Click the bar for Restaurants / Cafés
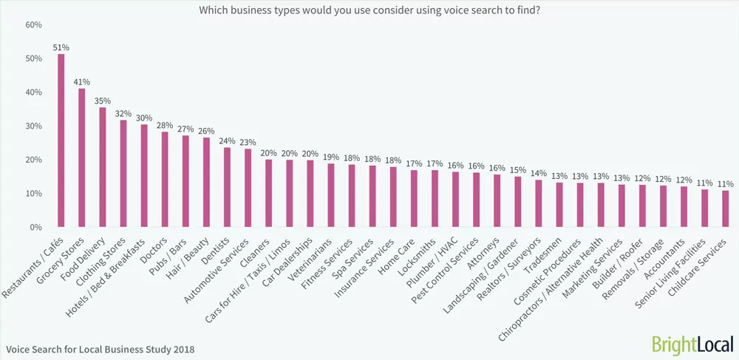coord(61,140)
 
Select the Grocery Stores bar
coord(81,157)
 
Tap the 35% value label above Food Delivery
coord(102,100)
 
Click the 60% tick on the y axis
coord(33,25)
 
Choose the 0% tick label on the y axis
coord(35,227)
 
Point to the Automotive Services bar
coord(248,188)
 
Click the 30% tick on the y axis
coord(33,126)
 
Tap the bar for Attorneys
coord(497,200)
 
